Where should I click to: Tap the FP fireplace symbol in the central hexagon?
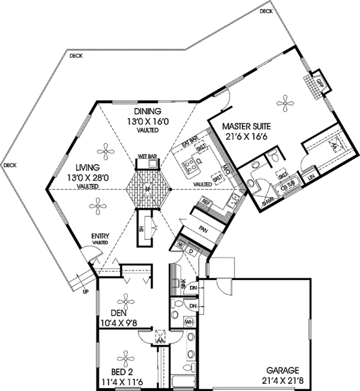pos(148,189)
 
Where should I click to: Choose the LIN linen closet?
pos(311,178)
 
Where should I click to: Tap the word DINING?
pos(147,112)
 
